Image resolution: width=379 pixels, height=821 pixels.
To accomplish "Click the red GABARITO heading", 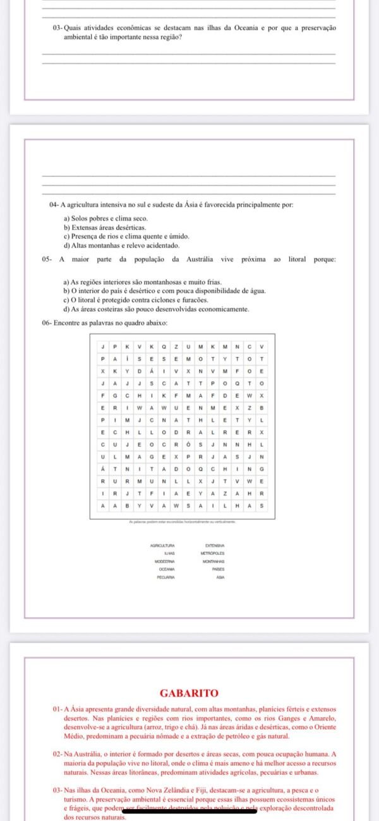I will pyautogui.click(x=189, y=693).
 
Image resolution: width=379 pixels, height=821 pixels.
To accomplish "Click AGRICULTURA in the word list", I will pyautogui.click(x=162, y=545).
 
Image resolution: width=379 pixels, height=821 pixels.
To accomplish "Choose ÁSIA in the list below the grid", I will pyautogui.click(x=220, y=577).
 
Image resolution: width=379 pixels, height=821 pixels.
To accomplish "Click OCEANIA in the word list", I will pyautogui.click(x=166, y=569).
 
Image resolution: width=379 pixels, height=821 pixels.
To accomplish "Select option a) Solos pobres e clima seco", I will pyautogui.click(x=105, y=219).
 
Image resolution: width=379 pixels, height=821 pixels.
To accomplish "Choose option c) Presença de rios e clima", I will pyautogui.click(x=117, y=236).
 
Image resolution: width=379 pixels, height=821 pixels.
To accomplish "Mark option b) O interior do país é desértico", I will pyautogui.click(x=164, y=291).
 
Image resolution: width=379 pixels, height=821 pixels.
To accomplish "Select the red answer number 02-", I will pyautogui.click(x=59, y=754).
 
